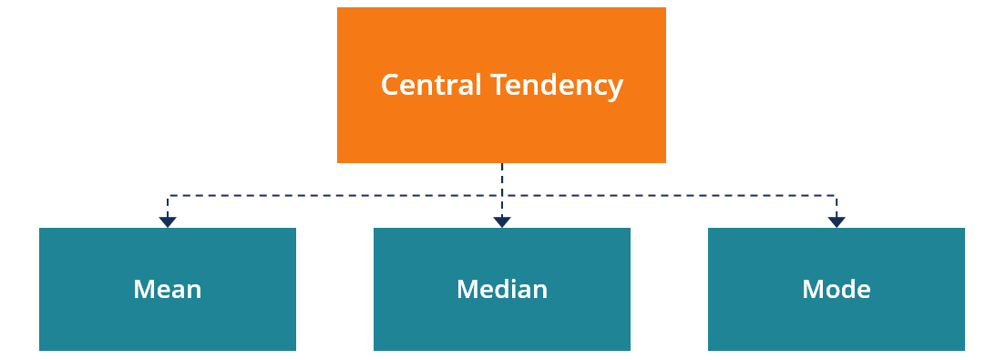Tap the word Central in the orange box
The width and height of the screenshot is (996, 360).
pos(431,85)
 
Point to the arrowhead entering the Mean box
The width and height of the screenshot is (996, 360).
pos(168,221)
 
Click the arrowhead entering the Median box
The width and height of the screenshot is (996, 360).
pos(502,221)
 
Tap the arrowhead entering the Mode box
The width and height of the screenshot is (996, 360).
pos(837,221)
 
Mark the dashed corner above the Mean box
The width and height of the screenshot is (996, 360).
pos(168,196)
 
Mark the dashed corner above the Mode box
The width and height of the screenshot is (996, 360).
pos(837,196)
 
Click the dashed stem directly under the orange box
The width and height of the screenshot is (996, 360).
pos(502,179)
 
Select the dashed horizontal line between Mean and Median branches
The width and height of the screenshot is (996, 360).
pos(334,196)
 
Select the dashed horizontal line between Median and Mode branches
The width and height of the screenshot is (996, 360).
pos(670,196)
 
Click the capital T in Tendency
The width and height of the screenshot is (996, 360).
pos(498,85)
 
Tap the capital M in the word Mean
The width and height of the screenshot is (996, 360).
pos(144,290)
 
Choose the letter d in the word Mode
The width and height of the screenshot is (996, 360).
pos(846,290)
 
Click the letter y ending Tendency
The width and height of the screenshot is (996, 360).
pos(616,88)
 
